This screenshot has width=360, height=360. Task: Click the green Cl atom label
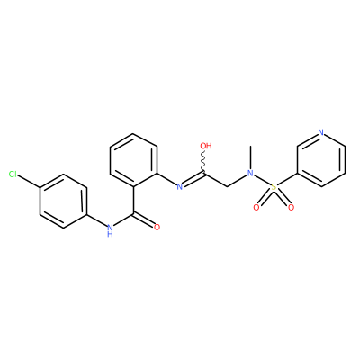point(13,175)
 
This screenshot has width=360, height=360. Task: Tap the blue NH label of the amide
point(110,229)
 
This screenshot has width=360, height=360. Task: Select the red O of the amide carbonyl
point(157,228)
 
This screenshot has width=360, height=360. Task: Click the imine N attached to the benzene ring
point(180,187)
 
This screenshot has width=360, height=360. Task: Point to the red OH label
point(206,146)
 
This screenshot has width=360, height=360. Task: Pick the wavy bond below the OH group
point(203,161)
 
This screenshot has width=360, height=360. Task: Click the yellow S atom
point(274,187)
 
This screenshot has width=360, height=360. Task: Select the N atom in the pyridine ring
point(321,132)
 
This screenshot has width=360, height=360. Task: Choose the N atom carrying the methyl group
point(250,173)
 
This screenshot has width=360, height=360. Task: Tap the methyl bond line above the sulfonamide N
point(250,157)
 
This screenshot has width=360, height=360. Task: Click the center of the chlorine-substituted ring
point(63,201)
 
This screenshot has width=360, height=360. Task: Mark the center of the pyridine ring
point(321,159)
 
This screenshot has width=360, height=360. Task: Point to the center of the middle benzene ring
point(133,160)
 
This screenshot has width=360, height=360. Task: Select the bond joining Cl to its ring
point(29,182)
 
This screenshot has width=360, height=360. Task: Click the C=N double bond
point(193,179)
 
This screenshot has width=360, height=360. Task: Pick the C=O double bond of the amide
point(143,220)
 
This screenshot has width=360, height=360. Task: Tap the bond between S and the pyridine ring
point(287,180)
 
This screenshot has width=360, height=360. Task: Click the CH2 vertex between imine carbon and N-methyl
point(227,186)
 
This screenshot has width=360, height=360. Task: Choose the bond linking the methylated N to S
point(262,180)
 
